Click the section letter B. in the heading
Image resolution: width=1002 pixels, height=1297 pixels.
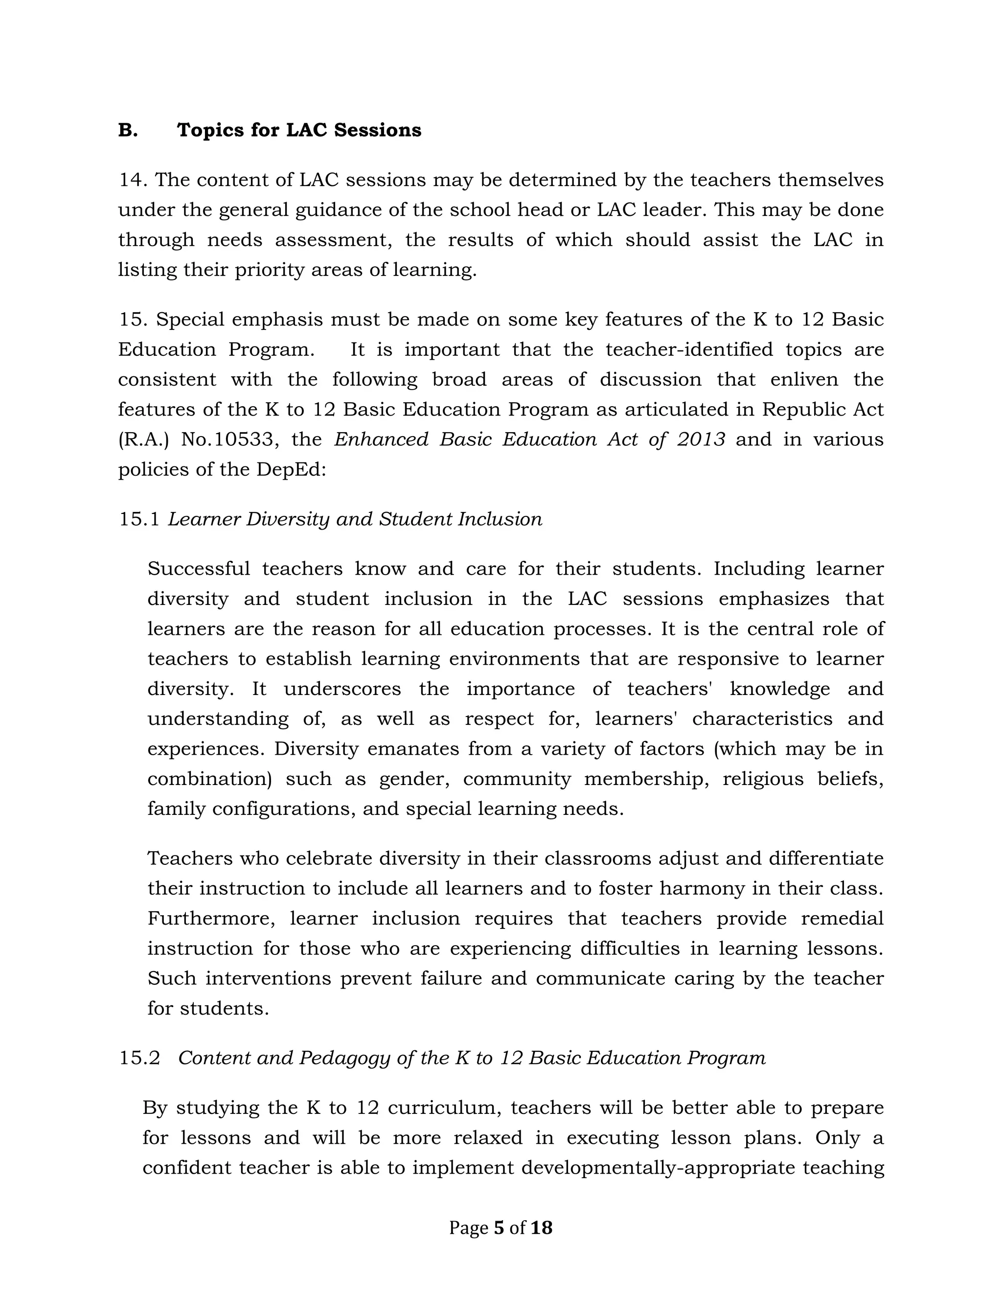(128, 130)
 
